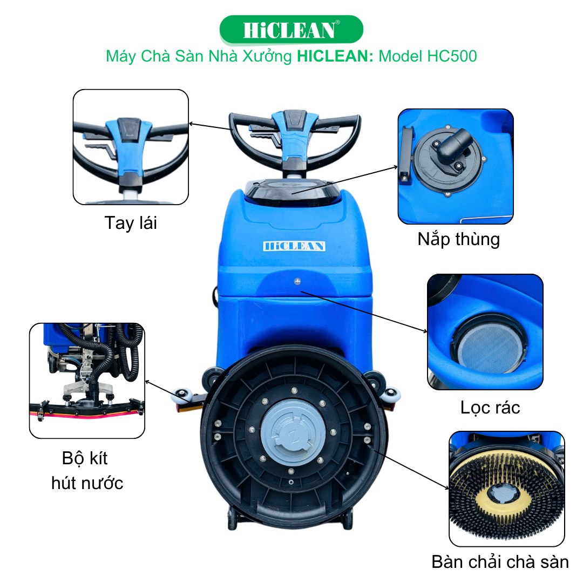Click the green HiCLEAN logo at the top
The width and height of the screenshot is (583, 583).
291,30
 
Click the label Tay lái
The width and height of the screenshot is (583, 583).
131,222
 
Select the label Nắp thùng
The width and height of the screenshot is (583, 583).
458,239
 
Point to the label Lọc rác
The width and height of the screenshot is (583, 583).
490,407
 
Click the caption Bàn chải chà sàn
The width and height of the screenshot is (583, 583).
500,561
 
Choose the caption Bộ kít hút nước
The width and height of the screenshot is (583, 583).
87,470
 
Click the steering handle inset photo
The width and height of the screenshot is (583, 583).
131,147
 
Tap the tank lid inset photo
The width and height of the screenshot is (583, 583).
456,166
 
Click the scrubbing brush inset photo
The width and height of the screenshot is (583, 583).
506,488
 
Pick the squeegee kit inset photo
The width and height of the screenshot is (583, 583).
87,380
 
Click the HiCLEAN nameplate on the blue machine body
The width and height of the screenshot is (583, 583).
294,246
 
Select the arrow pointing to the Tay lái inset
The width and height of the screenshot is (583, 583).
211,130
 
